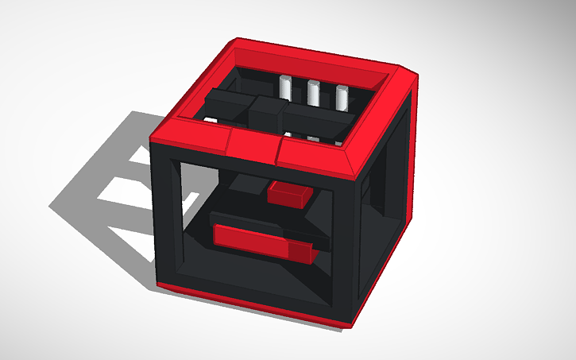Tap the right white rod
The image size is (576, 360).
coord(342,97)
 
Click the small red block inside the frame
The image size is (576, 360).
coord(289,193)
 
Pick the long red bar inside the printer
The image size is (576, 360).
coord(251,239)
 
